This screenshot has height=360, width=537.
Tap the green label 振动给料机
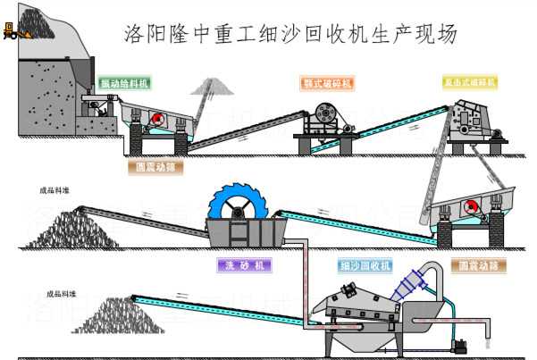124,82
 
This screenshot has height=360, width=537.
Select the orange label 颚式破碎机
326,83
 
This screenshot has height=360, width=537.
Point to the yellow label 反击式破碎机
469,82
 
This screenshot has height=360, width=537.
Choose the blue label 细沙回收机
365,265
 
